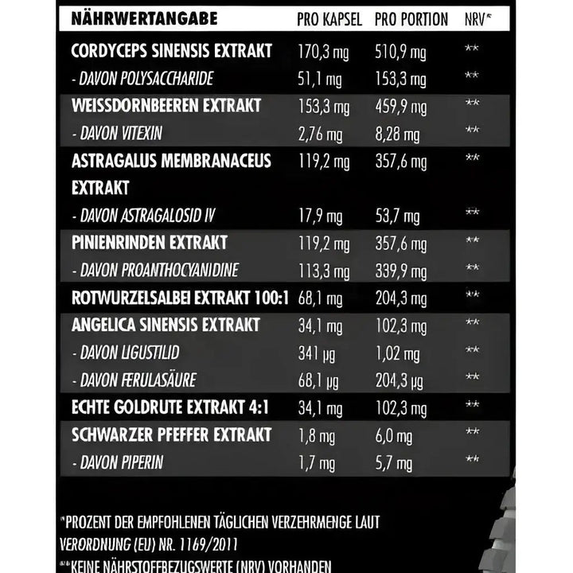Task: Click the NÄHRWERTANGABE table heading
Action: (x=144, y=18)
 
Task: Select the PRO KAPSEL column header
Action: (x=330, y=19)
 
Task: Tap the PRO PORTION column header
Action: (x=411, y=19)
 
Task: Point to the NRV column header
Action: (x=476, y=19)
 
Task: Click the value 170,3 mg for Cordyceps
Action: (x=322, y=53)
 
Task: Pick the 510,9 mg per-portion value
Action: (x=400, y=53)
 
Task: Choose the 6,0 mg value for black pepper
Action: (x=393, y=435)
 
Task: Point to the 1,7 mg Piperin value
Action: (x=315, y=462)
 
